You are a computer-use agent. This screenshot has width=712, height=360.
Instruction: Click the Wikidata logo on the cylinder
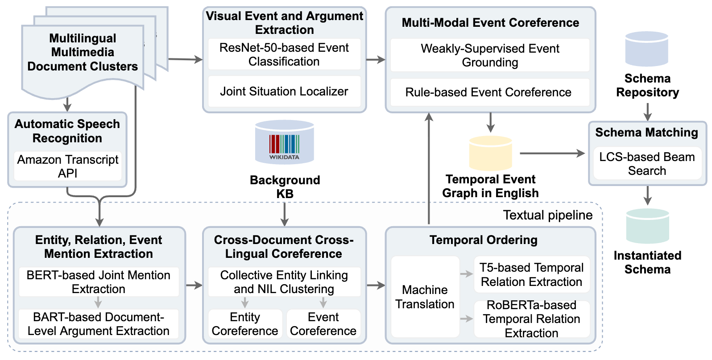pyautogui.click(x=284, y=147)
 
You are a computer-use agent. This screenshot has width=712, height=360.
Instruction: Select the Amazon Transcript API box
pyautogui.click(x=68, y=166)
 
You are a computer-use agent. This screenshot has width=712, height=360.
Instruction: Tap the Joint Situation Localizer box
pyautogui.click(x=284, y=91)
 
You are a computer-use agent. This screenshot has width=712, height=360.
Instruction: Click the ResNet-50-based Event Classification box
pyautogui.click(x=284, y=54)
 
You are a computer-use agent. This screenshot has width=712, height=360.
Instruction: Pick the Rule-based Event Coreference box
pyautogui.click(x=489, y=92)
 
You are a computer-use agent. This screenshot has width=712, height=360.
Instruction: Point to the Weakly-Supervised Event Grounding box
pyautogui.click(x=489, y=55)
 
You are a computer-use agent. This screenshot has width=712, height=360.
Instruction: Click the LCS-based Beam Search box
pyautogui.click(x=647, y=164)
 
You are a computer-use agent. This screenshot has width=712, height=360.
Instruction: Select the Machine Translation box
pyautogui.click(x=425, y=297)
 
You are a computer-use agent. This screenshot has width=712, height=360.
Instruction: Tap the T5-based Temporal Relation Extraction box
pyautogui.click(x=531, y=274)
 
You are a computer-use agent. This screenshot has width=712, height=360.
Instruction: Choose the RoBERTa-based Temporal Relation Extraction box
pyautogui.click(x=531, y=319)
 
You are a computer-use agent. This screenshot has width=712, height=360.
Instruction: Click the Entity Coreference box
pyautogui.click(x=245, y=324)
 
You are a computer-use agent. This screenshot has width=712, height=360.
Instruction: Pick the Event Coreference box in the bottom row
pyautogui.click(x=323, y=324)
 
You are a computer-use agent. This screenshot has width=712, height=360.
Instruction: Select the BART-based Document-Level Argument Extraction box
pyautogui.click(x=99, y=324)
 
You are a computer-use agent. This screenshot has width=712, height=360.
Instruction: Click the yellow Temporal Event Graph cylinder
pyautogui.click(x=490, y=153)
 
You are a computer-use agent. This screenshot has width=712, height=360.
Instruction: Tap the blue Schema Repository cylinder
pyautogui.click(x=646, y=49)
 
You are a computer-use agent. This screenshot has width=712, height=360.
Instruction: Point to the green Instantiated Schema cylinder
pyautogui.click(x=647, y=226)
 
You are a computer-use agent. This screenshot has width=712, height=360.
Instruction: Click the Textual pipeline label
pyautogui.click(x=547, y=215)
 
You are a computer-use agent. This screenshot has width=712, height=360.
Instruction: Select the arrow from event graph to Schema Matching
pyautogui.click(x=552, y=153)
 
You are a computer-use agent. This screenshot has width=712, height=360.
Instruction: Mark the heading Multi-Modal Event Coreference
pyautogui.click(x=490, y=23)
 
